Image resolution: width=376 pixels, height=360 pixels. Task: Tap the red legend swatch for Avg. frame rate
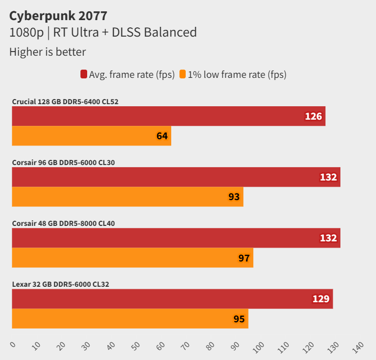click(x=84, y=74)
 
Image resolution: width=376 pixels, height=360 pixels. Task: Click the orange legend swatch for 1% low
click(x=182, y=74)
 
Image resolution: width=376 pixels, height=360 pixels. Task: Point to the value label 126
click(x=313, y=117)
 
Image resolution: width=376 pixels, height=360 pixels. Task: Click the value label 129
click(x=321, y=299)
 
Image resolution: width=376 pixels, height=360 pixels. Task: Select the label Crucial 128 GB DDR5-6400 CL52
click(x=65, y=102)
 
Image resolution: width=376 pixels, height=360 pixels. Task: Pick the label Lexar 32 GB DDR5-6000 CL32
click(x=60, y=284)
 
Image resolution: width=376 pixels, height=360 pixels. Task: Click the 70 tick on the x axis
click(x=186, y=345)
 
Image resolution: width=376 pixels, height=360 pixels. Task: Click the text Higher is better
click(x=47, y=52)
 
